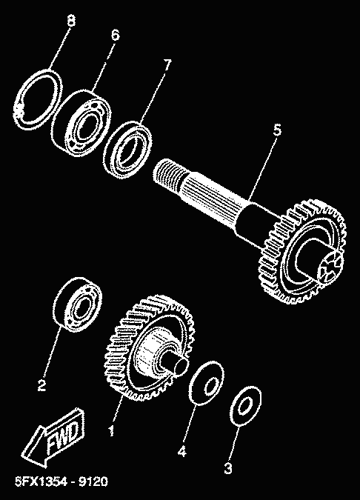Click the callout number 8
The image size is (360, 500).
[x=71, y=21]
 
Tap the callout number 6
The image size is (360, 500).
[x=115, y=34]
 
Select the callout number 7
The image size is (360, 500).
[x=167, y=65]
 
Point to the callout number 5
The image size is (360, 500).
[x=278, y=130]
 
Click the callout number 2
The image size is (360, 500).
[x=41, y=385]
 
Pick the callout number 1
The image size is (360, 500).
[x=111, y=431]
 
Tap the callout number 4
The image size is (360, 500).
[x=181, y=451]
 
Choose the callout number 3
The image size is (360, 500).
[x=228, y=468]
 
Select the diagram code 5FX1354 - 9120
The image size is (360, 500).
[x=61, y=481]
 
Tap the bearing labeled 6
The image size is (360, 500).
[x=81, y=124]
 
